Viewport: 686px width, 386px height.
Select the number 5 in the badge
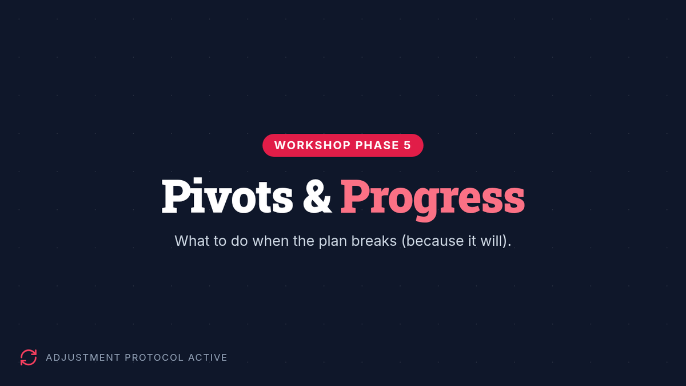[407, 145]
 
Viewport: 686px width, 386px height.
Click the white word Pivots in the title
[228, 196]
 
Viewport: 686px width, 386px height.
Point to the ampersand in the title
[317, 196]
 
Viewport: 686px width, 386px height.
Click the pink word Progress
[432, 200]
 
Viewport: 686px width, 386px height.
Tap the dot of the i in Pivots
[197, 181]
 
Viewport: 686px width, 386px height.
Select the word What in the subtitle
[192, 241]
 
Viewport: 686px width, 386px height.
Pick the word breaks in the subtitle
[374, 241]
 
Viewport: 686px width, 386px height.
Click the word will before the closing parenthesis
[492, 241]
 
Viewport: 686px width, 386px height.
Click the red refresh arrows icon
[29, 357]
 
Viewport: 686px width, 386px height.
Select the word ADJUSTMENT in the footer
[83, 357]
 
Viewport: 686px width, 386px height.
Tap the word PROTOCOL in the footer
[154, 357]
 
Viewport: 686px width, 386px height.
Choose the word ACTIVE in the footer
[208, 357]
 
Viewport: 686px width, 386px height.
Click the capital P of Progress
[355, 196]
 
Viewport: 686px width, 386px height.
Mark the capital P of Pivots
[177, 196]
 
